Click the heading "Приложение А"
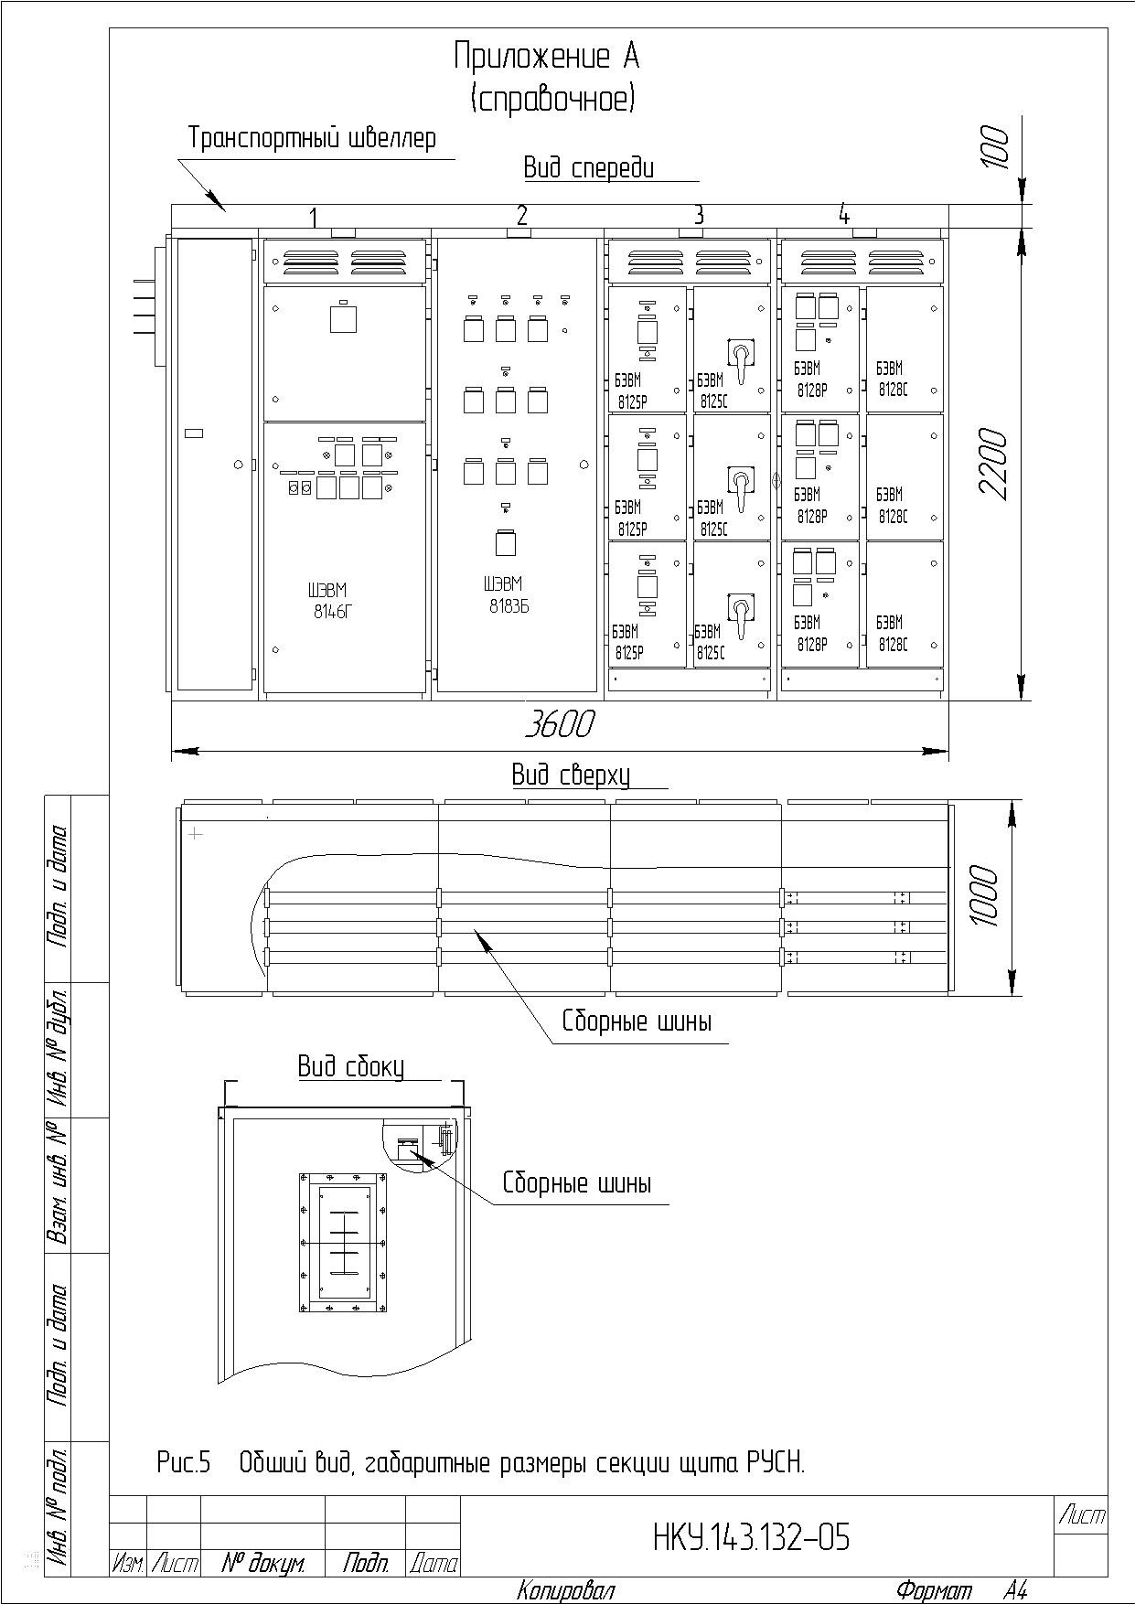click(x=546, y=58)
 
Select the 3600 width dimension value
click(x=559, y=724)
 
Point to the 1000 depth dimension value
click(x=985, y=895)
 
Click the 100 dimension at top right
click(x=995, y=147)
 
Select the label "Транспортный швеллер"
click(x=312, y=138)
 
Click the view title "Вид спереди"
click(x=589, y=168)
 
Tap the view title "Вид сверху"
click(x=571, y=776)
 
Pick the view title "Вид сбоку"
click(x=350, y=1066)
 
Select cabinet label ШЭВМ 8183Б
click(x=506, y=594)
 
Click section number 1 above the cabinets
click(x=313, y=218)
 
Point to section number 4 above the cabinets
click(x=843, y=215)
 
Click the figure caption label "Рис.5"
click(x=183, y=1463)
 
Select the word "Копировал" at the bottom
click(x=565, y=1590)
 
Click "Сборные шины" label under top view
click(x=637, y=1021)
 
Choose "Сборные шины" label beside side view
click(x=577, y=1183)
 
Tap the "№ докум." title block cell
click(x=263, y=1564)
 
